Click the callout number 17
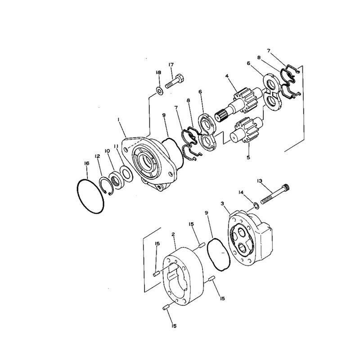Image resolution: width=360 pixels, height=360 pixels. coord(171,65)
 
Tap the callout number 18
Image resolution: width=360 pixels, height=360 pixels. coord(158,72)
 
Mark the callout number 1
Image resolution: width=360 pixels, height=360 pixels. coord(118,120)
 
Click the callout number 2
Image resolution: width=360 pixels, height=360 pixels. coord(173,234)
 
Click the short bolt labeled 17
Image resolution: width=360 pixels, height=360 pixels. coord(175,83)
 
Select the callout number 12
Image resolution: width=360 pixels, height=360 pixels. coord(97,156)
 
